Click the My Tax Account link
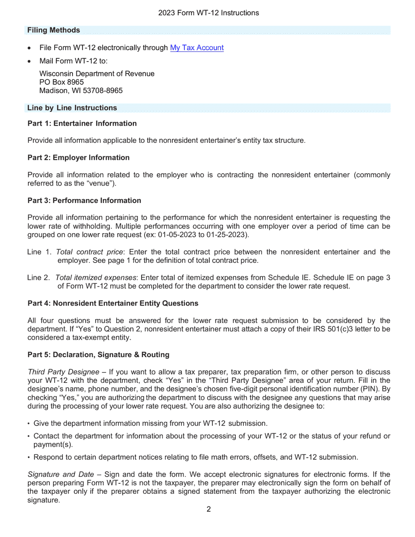coord(197,48)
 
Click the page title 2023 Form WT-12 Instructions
coord(208,13)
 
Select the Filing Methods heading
coord(53,30)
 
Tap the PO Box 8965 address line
coord(62,82)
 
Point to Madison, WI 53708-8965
coord(81,91)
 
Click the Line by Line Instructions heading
coord(72,108)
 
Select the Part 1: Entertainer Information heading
coord(82,124)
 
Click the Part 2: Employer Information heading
coord(79,158)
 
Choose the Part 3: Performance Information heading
coord(84,201)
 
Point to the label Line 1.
coord(40,252)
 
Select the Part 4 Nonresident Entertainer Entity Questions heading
coord(113,303)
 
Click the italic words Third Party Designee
coord(63,372)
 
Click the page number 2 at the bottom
coord(208,509)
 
